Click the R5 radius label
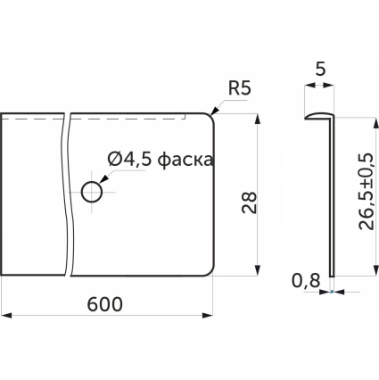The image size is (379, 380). (240, 88)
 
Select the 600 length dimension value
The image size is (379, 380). (105, 304)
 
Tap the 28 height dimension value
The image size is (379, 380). (249, 202)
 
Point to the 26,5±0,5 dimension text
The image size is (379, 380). (366, 192)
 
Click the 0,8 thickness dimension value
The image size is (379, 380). (306, 281)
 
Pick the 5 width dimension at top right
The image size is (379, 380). (320, 70)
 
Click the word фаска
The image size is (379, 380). (185, 160)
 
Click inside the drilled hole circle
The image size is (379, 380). (92, 192)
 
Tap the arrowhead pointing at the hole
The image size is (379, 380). (103, 179)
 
